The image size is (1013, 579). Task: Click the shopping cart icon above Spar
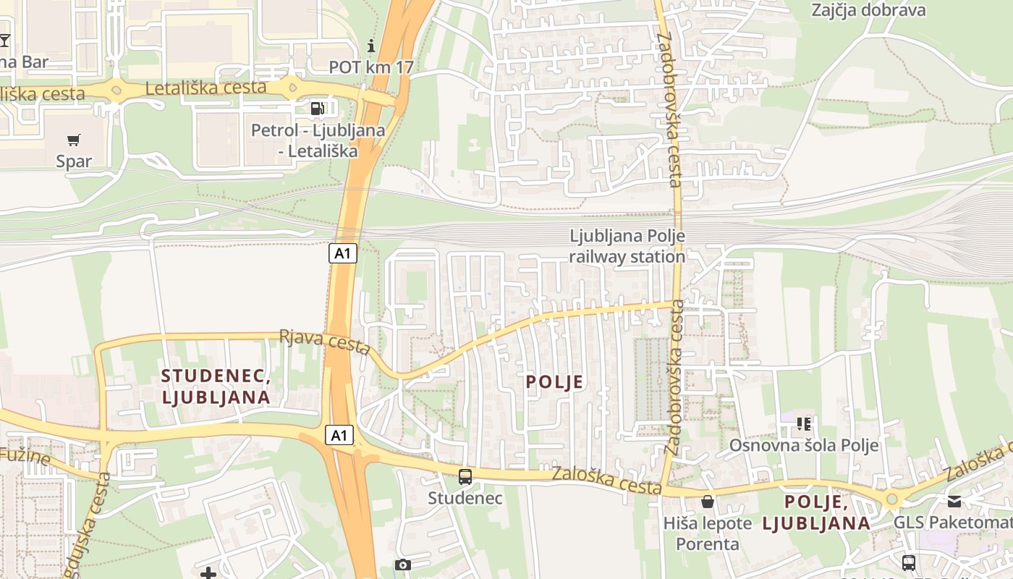[x=74, y=140]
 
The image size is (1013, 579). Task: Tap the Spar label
[x=74, y=161]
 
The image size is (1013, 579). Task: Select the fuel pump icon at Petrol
[x=318, y=109]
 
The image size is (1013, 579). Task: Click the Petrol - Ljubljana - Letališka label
[x=318, y=141]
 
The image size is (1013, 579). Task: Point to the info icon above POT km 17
[x=372, y=46]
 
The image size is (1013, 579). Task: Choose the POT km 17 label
[x=372, y=67]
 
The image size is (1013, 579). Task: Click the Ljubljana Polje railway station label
[x=627, y=246]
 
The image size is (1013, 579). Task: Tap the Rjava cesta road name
[x=326, y=342]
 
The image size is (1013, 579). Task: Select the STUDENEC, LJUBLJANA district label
[x=216, y=386]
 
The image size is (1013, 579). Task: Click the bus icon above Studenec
[x=465, y=477]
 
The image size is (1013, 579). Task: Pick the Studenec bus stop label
[x=465, y=498]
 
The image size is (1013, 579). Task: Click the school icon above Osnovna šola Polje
[x=803, y=423]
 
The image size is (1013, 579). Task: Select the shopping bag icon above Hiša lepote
[x=708, y=501]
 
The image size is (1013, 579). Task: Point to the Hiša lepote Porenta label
[x=707, y=533]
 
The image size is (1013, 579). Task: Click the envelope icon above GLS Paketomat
[x=954, y=501]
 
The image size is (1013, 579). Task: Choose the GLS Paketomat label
[x=952, y=523]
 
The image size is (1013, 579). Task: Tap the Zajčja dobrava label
[x=868, y=10]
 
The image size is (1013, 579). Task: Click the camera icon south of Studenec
[x=403, y=565]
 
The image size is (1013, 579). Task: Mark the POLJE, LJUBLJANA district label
[x=816, y=512]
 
